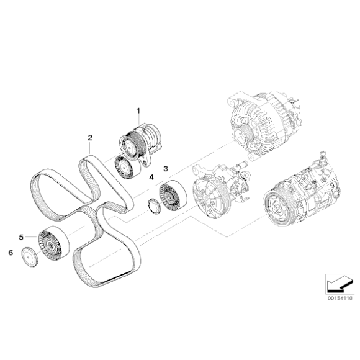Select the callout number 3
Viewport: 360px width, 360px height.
coord(166,168)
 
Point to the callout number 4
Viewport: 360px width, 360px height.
coord(151,178)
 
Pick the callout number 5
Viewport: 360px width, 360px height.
coord(22,236)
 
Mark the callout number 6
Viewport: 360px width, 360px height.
coord(10,253)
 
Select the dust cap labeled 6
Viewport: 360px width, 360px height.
coord(27,257)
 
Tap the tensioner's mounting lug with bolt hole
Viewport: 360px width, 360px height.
coord(147,163)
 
